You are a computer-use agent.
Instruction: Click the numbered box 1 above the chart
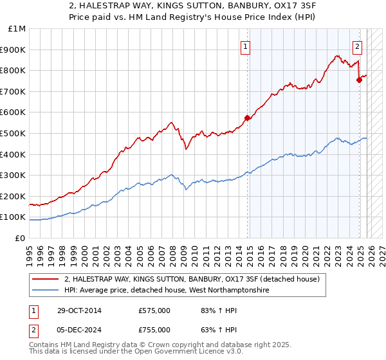click(246, 46)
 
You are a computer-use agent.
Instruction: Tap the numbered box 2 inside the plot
click(357, 46)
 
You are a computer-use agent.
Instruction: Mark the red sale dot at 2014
click(247, 118)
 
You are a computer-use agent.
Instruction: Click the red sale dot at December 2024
click(360, 80)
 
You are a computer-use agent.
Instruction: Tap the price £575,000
click(154, 310)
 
